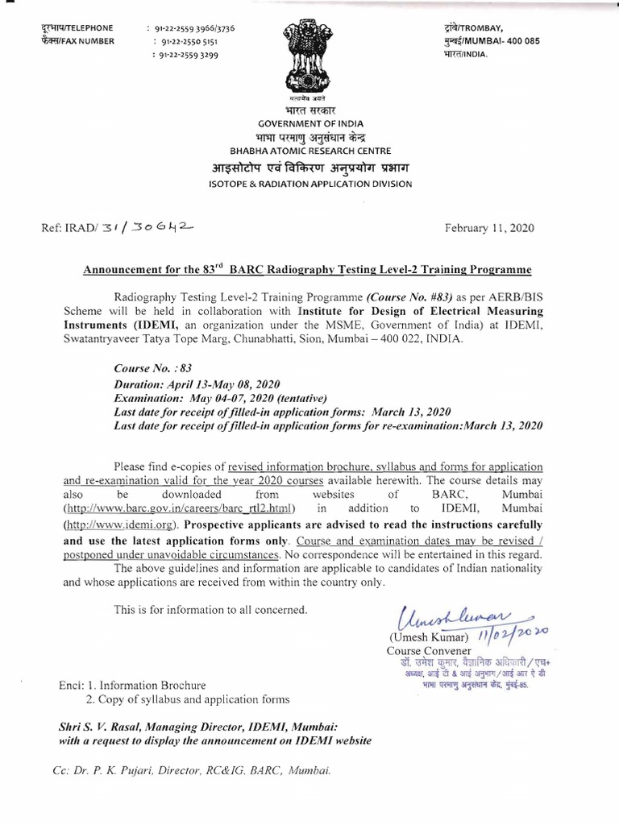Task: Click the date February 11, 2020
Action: tap(488, 228)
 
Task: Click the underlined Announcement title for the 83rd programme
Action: tap(309, 267)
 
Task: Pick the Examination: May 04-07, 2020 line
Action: tap(220, 397)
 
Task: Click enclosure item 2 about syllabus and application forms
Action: tap(188, 699)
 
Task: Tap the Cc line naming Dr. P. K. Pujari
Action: tap(191, 770)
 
